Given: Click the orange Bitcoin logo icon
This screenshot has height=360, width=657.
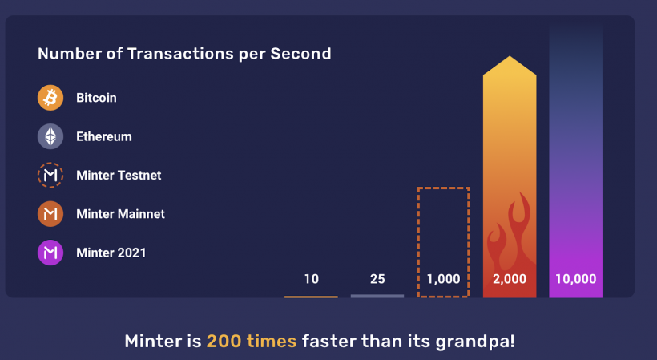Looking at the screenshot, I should (x=50, y=98).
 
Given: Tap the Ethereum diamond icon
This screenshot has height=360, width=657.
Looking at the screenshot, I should (x=50, y=136).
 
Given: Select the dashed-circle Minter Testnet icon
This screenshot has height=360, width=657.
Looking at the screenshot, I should (x=50, y=175).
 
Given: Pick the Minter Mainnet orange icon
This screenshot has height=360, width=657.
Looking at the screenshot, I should (x=50, y=214).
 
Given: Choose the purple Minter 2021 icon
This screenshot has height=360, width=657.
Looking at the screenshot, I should (x=50, y=253).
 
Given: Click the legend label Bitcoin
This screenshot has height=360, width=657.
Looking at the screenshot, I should (x=96, y=98).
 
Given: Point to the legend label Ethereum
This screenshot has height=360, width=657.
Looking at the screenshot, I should (x=104, y=136).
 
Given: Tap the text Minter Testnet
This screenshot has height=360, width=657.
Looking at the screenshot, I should (x=119, y=175).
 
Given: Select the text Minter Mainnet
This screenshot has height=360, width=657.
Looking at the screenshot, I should (x=120, y=214).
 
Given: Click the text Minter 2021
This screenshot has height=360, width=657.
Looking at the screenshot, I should (x=111, y=253).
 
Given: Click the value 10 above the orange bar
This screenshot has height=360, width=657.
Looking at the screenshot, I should (x=312, y=279).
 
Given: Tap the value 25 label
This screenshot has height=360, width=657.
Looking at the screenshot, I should (x=377, y=279).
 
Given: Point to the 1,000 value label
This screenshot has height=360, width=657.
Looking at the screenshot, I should (x=444, y=279).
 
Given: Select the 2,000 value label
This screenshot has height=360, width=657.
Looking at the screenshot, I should (x=510, y=279).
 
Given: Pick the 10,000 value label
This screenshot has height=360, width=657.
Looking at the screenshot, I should (x=576, y=279).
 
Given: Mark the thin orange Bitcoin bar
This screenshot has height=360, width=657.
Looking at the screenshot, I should (x=311, y=297).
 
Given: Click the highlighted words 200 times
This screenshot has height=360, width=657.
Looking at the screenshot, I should (x=252, y=341).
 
